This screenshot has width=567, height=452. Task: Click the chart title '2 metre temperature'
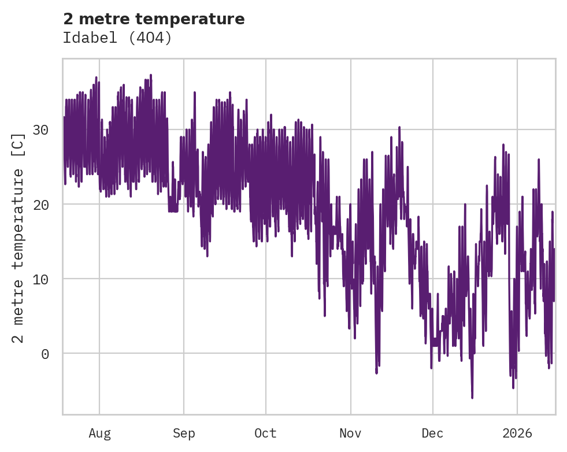[154, 19]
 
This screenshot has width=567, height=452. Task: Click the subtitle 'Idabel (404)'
[117, 38]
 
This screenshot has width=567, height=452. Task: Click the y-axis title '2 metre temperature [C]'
[18, 238]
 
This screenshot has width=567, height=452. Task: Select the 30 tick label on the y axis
[40, 129]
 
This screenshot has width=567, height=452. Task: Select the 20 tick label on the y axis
[40, 205]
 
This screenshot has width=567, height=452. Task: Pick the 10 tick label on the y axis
[40, 279]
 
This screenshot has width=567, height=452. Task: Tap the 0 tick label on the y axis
[45, 354]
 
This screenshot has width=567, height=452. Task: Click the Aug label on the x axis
[99, 434]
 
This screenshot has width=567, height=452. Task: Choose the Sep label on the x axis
[184, 434]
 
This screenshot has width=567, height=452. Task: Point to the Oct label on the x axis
[266, 434]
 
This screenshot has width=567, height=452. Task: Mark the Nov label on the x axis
[350, 434]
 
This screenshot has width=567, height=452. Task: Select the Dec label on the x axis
[433, 434]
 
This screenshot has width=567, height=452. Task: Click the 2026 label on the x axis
[517, 434]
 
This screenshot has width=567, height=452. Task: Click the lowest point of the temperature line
[472, 398]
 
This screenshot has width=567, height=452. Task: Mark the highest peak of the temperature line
[151, 75]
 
